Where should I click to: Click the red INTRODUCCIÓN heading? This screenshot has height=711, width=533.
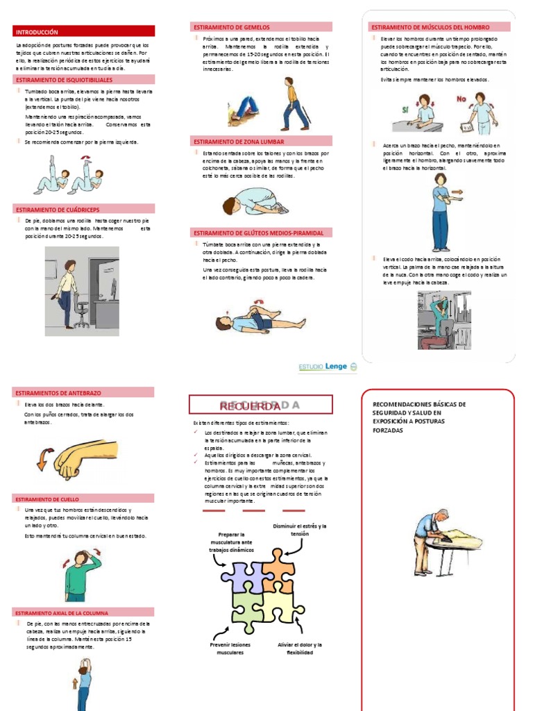click(x=84, y=32)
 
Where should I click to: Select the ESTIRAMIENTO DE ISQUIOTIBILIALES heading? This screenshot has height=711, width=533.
click(x=84, y=81)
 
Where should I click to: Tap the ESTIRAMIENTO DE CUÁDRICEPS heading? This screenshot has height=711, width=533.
click(x=84, y=209)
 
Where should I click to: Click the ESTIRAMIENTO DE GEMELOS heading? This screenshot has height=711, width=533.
click(x=261, y=26)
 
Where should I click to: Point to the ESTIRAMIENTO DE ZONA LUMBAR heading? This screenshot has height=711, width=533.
click(x=261, y=140)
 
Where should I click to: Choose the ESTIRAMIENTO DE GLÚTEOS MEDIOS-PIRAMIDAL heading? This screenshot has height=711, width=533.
click(x=261, y=233)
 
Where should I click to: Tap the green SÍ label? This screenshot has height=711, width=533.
click(x=405, y=110)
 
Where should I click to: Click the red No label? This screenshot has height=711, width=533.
click(x=461, y=99)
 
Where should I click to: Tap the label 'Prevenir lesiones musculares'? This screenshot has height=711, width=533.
click(x=230, y=649)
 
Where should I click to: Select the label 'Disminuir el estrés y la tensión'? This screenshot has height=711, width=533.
click(x=300, y=530)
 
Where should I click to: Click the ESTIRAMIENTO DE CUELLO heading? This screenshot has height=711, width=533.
click(x=84, y=499)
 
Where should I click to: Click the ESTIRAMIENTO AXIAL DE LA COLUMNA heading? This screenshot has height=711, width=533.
click(x=84, y=612)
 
